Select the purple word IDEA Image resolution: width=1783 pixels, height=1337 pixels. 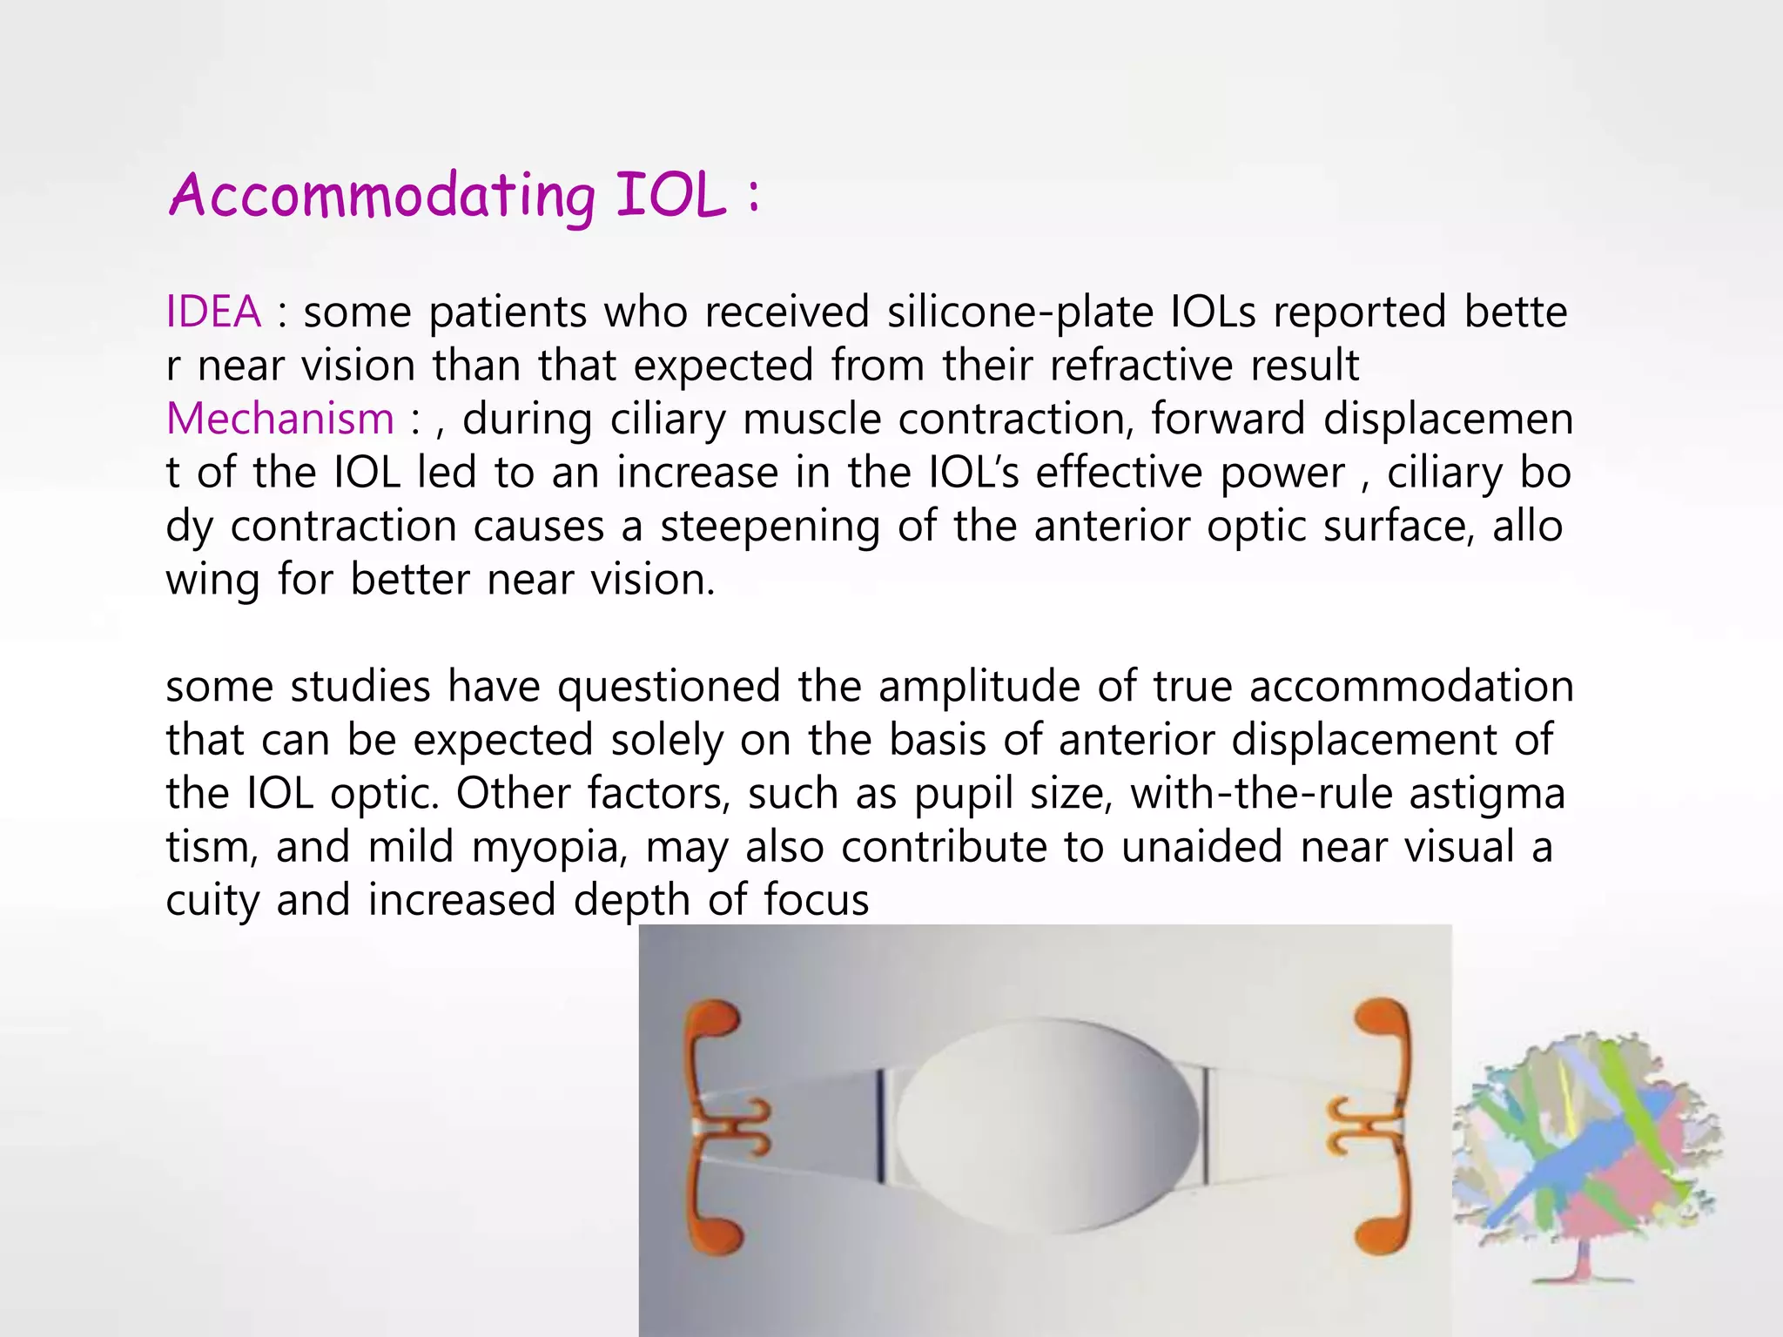point(213,312)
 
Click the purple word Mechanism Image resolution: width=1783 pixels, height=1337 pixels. point(280,419)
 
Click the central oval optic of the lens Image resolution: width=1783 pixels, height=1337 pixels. point(1047,1125)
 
